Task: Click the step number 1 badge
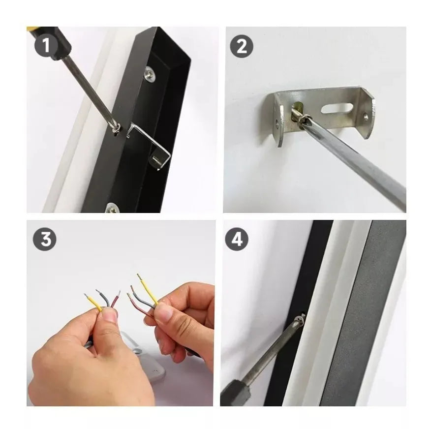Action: (x=46, y=45)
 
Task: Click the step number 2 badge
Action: (x=242, y=46)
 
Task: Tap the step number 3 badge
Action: (x=45, y=239)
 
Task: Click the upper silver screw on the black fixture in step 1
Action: (x=150, y=73)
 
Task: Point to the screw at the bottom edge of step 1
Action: (x=113, y=208)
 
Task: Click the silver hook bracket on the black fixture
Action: (x=150, y=145)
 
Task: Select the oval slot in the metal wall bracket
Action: (x=336, y=108)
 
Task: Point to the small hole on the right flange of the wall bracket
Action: (x=366, y=117)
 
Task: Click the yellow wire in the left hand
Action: (x=93, y=303)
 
